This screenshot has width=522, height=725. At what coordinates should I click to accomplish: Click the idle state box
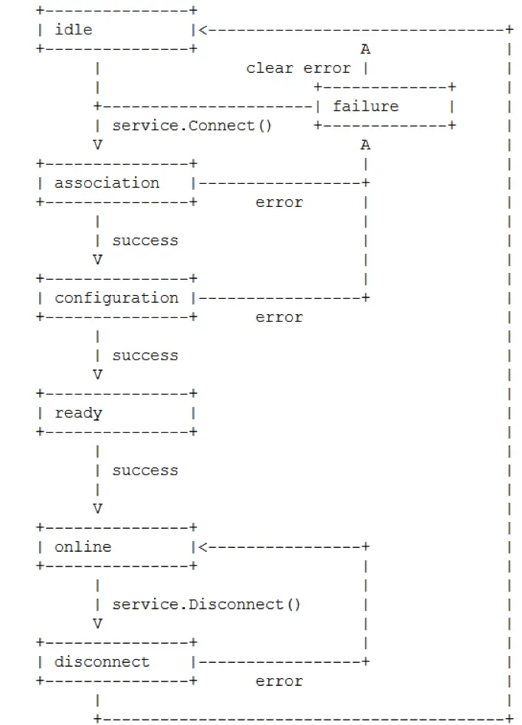116,30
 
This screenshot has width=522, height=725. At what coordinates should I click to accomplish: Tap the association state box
116,183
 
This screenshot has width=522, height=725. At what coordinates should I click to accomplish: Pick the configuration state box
116,298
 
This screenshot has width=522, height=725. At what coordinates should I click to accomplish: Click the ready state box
116,413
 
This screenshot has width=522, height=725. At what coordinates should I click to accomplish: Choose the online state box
116,547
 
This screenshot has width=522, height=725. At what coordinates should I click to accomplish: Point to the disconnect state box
116,662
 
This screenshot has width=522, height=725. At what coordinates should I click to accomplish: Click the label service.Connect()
192,126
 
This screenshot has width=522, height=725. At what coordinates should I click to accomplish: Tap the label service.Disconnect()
207,605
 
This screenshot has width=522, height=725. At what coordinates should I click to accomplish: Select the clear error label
298,68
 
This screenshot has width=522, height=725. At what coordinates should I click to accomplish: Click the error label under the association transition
279,202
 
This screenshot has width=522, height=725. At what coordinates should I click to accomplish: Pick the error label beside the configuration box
279,317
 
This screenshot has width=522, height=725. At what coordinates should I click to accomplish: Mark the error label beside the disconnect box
279,681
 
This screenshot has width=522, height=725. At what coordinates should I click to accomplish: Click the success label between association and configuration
145,241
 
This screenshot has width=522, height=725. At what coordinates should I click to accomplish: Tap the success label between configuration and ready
145,356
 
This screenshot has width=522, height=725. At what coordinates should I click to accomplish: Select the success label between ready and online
145,471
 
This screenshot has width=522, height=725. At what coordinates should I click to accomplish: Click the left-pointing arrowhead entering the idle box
203,30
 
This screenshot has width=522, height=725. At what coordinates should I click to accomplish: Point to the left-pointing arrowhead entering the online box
203,547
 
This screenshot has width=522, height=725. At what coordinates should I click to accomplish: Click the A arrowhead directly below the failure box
366,145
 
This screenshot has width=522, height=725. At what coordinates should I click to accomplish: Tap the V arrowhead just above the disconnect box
97,624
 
